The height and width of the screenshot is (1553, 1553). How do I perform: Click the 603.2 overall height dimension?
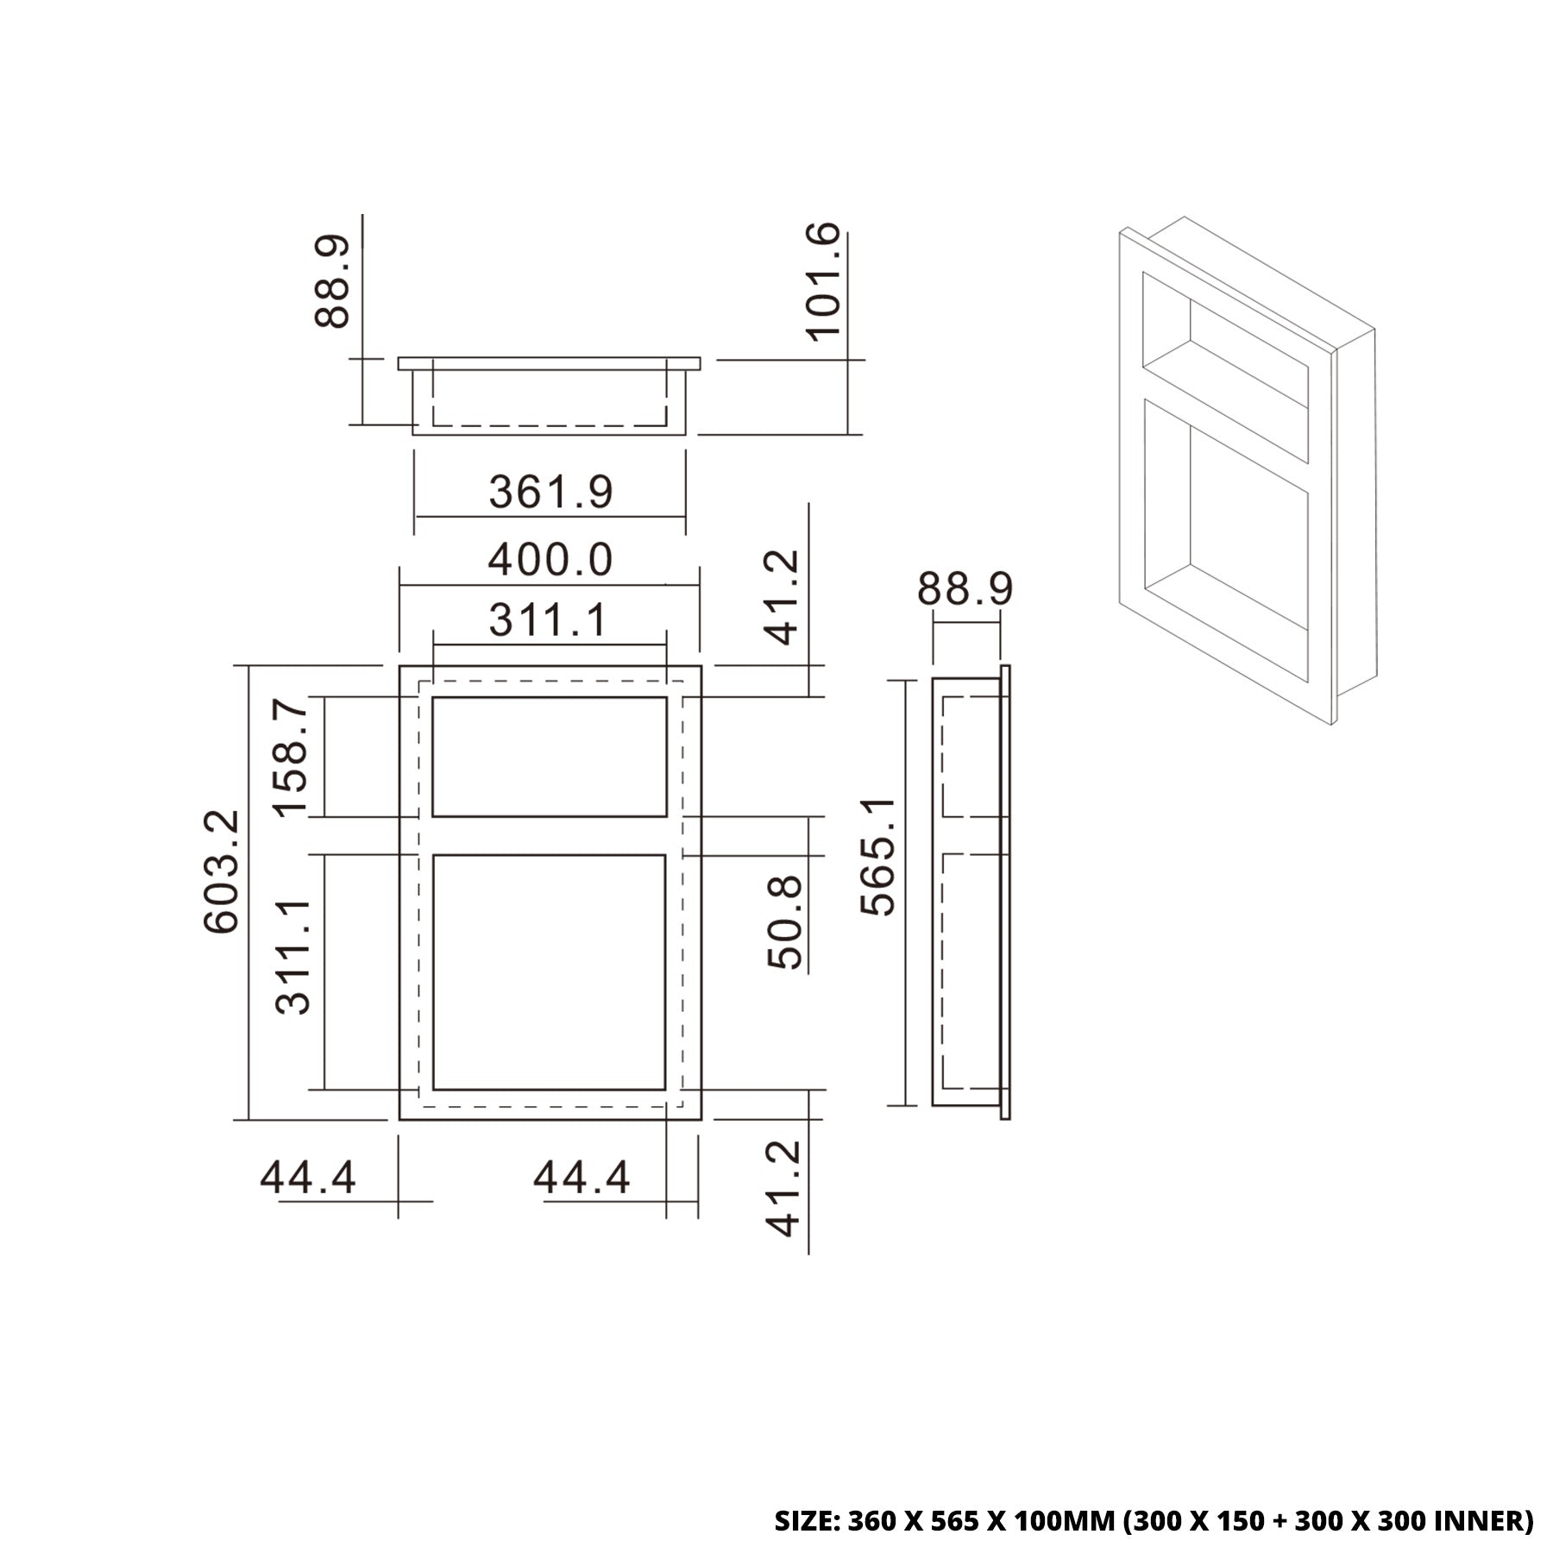point(220,871)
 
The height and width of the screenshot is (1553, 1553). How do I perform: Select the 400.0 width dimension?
point(550,560)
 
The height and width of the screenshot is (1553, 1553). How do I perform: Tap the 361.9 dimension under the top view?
point(550,493)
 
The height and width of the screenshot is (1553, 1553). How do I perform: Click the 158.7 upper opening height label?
point(292,758)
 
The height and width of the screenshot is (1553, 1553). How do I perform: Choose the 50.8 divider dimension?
point(785,923)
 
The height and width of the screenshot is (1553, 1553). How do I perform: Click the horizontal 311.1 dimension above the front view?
point(548,619)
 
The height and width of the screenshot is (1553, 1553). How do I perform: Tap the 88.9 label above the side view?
point(965,590)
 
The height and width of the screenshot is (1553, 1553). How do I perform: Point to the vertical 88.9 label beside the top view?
point(332,281)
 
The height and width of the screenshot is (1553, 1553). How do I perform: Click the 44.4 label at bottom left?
point(308,1177)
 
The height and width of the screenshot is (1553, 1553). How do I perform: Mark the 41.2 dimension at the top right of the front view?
point(783,598)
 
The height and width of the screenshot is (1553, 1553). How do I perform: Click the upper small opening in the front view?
point(549,757)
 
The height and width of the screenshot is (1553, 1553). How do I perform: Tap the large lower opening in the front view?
point(549,972)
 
